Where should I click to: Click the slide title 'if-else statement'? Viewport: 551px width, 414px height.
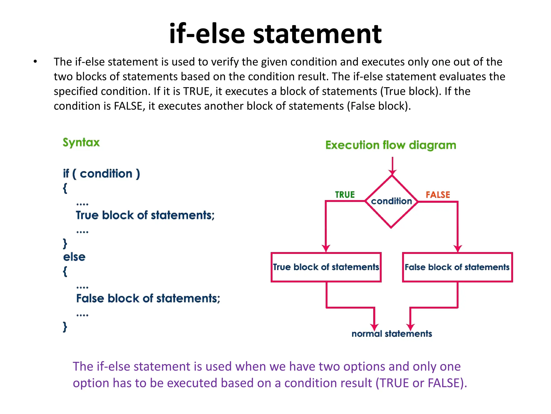[275, 34]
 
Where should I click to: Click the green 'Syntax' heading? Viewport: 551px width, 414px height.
[81, 142]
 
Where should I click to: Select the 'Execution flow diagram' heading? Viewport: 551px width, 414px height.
[391, 145]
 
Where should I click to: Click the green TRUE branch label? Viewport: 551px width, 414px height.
[345, 195]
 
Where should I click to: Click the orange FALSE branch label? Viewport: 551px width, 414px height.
[438, 195]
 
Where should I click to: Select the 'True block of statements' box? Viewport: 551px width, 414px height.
[326, 267]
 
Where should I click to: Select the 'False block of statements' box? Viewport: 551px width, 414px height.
[457, 267]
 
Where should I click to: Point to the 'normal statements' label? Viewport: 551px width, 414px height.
[392, 334]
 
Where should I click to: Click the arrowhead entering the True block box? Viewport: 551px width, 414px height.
[326, 248]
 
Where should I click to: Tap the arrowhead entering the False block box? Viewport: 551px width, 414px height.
[458, 248]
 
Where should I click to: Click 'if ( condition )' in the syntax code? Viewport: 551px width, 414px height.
[101, 174]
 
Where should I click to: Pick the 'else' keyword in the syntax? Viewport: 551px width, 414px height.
[74, 257]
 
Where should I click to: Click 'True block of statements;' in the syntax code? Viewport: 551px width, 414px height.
[145, 215]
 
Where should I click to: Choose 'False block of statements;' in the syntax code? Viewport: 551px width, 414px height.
[148, 298]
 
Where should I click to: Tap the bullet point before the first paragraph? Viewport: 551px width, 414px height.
[35, 62]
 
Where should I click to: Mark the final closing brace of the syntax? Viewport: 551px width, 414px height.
[65, 327]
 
